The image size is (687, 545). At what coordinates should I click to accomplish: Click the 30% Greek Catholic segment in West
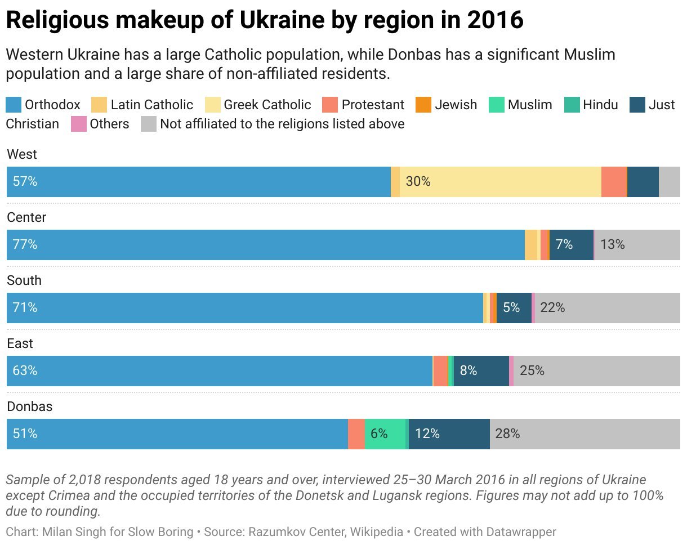point(500,182)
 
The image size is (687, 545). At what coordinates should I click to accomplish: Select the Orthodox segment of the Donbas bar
point(177,434)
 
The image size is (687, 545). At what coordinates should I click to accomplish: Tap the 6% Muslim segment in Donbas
point(385,434)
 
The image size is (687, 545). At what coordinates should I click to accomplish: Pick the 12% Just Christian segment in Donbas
point(449,434)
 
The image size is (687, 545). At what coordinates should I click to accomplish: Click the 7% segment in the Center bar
point(572,245)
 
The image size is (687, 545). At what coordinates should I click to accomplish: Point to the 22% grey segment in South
point(608,308)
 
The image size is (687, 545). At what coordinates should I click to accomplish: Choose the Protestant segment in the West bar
point(614,182)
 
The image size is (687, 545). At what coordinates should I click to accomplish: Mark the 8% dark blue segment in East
point(481,371)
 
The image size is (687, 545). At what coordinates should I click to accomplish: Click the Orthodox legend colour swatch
point(14,105)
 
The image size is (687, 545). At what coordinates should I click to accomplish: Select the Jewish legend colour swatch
point(423,105)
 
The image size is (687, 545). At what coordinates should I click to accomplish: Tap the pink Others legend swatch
point(78,124)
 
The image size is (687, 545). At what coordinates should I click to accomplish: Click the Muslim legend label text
point(530,105)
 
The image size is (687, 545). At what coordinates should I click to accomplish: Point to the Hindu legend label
point(600,105)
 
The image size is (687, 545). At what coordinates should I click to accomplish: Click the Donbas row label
point(30,406)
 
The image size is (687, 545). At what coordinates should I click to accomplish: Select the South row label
point(24,280)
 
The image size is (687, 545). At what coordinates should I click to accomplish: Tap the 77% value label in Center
point(25,244)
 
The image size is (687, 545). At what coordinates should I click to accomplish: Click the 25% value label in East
point(532,370)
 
